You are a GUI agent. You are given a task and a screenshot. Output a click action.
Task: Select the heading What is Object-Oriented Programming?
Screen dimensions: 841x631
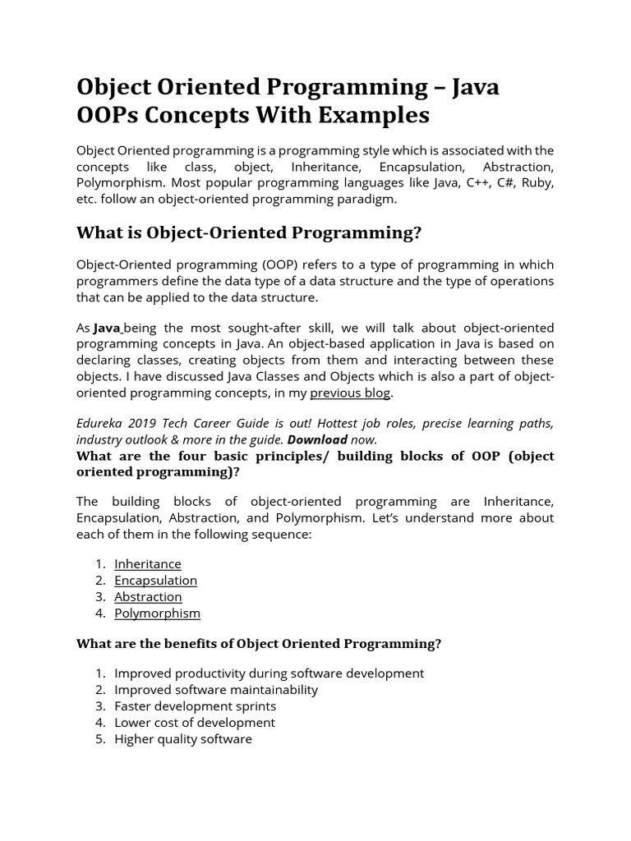click(x=248, y=232)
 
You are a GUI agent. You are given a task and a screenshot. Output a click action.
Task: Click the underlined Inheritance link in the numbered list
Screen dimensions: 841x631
click(x=148, y=564)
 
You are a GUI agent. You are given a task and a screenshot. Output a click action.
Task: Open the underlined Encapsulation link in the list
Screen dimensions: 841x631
click(x=155, y=581)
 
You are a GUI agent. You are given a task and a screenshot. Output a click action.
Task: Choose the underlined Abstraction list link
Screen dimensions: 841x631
click(x=148, y=597)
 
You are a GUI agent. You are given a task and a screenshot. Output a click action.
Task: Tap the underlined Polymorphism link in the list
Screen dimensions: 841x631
click(x=157, y=614)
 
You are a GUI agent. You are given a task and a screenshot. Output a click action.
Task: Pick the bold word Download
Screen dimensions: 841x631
click(x=317, y=440)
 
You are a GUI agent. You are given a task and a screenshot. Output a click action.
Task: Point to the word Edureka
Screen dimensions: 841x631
click(x=103, y=424)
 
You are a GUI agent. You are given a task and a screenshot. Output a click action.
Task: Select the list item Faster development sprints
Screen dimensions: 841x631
click(x=195, y=706)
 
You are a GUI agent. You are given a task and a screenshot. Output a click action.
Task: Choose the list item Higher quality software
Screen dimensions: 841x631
click(x=182, y=739)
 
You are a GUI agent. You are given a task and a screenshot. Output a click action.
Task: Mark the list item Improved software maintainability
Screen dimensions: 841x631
click(x=215, y=690)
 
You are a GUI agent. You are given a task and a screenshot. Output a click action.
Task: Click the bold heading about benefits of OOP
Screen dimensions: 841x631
click(x=259, y=644)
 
